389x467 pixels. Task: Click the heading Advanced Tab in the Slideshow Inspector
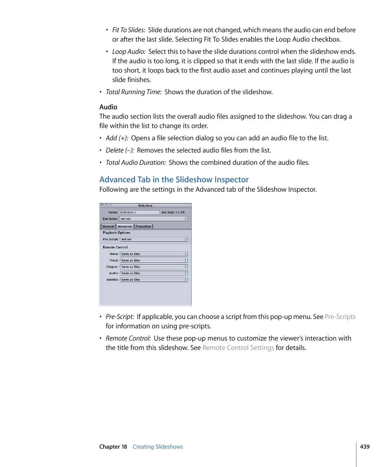[x=174, y=179]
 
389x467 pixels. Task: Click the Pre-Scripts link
[x=340, y=317]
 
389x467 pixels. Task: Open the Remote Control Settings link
[x=238, y=348]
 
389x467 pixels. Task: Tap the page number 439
[x=365, y=447]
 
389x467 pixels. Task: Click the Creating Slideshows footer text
[x=158, y=447]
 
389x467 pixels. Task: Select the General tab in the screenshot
[x=108, y=226]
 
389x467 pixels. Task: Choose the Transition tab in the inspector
[x=143, y=226]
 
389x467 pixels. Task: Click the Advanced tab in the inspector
[x=125, y=226]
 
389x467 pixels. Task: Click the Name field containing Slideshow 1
[x=139, y=212]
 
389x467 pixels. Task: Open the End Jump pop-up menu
[x=153, y=219]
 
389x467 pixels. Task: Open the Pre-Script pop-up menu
[x=154, y=239]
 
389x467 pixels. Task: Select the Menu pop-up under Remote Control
[x=154, y=254]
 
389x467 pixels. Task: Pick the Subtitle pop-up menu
[x=154, y=280]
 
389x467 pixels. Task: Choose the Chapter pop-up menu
[x=154, y=267]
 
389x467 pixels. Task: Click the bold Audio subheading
[x=108, y=107]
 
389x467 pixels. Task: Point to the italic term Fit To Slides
[x=128, y=30]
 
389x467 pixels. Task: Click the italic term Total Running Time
[x=134, y=92]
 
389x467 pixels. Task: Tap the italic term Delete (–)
[x=120, y=151]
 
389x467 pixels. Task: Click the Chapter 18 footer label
[x=113, y=447]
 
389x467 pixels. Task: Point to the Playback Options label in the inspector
[x=117, y=232]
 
